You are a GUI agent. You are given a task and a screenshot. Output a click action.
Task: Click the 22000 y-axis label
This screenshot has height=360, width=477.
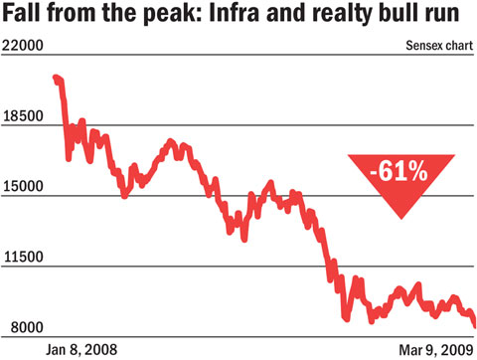23,46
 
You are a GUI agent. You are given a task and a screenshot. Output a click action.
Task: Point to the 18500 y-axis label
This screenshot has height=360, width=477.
23,116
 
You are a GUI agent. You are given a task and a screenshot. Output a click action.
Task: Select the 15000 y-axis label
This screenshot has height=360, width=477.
23,186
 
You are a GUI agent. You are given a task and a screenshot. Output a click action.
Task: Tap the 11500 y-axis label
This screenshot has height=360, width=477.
23,257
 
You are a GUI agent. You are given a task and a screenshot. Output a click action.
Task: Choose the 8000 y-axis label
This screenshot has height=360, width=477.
27,327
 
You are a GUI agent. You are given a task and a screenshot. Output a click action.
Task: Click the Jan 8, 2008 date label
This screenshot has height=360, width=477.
81,350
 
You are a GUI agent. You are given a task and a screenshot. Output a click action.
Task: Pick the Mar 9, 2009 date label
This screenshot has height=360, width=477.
436,350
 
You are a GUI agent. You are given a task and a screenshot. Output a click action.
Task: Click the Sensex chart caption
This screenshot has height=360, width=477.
439,46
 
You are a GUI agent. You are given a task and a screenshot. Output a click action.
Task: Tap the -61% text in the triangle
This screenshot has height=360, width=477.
398,171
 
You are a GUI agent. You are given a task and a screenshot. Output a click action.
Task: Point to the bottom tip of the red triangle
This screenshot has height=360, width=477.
401,219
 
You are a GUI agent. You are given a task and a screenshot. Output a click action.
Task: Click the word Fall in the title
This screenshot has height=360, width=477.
23,13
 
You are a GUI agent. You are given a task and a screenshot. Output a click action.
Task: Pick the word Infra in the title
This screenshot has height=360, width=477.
235,13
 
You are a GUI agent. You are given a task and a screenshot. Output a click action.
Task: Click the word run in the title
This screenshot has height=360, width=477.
439,15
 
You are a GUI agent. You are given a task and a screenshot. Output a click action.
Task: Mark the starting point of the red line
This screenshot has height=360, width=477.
55,78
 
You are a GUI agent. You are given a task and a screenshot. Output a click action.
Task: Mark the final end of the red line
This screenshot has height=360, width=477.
475,326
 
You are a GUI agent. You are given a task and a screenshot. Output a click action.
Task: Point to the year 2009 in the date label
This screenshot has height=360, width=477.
457,350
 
